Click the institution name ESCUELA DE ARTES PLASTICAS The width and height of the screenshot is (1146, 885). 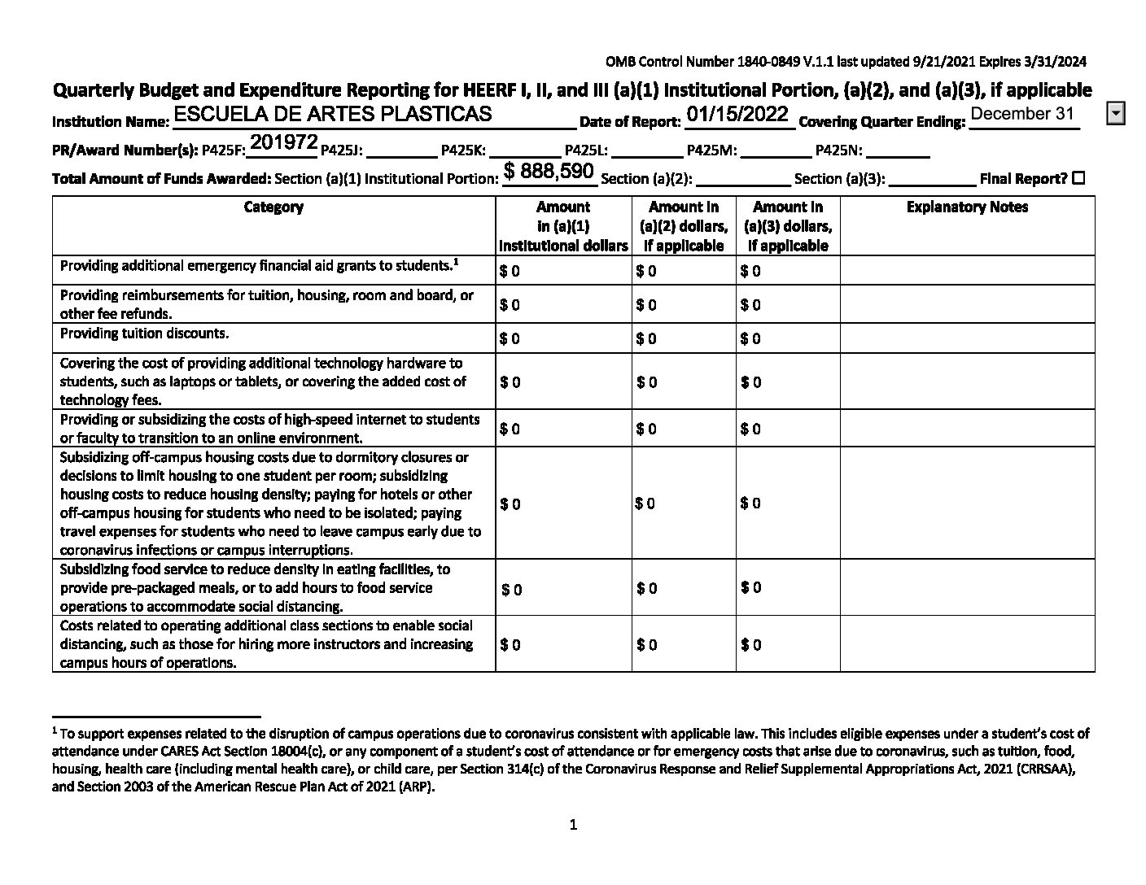click(x=333, y=114)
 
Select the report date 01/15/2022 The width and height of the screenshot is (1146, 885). click(x=737, y=114)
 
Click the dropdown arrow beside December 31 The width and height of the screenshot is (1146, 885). click(x=1116, y=114)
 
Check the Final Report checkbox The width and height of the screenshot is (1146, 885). click(x=1079, y=178)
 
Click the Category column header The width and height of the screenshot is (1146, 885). click(x=273, y=207)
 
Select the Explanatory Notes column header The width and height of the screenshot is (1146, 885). click(x=967, y=207)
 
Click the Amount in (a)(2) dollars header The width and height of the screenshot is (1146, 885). click(x=684, y=226)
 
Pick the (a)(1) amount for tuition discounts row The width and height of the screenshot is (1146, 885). click(x=510, y=338)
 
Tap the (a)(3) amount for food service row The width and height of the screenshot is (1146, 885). click(x=751, y=587)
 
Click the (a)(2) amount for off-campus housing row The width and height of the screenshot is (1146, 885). click(x=645, y=504)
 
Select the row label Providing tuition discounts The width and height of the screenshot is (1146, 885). click(x=144, y=334)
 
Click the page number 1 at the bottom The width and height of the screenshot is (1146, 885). click(x=573, y=825)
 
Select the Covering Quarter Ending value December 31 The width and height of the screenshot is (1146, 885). click(x=1022, y=114)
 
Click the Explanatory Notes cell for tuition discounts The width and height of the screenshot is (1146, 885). click(x=967, y=338)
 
